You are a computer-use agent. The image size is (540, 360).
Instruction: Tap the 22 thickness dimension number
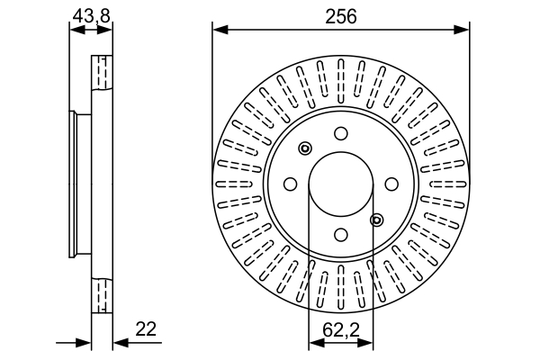(145, 329)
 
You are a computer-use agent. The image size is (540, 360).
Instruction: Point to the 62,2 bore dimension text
(341, 329)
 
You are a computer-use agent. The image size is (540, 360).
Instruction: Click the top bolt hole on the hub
(341, 134)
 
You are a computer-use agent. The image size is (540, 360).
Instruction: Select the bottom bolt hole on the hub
(341, 235)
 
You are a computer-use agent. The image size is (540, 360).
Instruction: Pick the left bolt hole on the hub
(291, 184)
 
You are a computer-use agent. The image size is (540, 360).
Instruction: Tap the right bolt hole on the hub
(391, 184)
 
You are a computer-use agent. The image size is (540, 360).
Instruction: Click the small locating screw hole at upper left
(305, 148)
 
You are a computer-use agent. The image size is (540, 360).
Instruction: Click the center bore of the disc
(341, 184)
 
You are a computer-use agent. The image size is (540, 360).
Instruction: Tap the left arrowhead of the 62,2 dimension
(314, 342)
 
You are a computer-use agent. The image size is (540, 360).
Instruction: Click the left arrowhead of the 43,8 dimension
(76, 30)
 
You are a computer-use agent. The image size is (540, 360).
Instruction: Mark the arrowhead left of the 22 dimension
(85, 342)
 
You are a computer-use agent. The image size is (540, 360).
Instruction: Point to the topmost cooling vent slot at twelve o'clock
(341, 71)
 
